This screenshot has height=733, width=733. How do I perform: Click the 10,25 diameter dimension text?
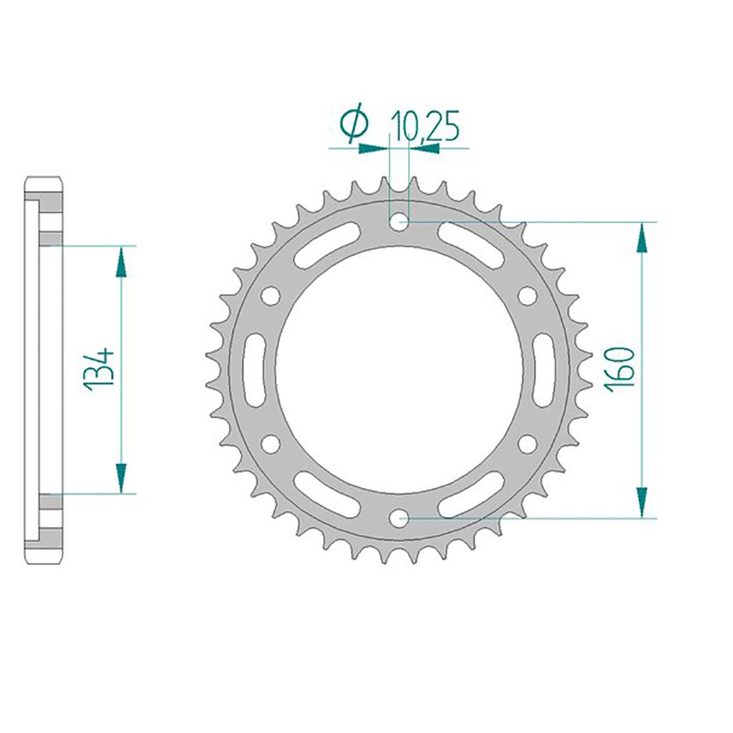tap(425, 126)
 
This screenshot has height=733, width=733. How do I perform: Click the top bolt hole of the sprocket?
tap(399, 222)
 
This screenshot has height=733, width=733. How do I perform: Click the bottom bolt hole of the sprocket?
tap(399, 518)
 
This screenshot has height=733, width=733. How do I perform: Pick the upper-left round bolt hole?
tap(271, 296)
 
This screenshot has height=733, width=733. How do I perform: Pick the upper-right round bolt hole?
tap(528, 296)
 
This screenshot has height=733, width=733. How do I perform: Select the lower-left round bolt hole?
tap(271, 444)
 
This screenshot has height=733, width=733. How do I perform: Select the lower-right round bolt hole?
tap(528, 444)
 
